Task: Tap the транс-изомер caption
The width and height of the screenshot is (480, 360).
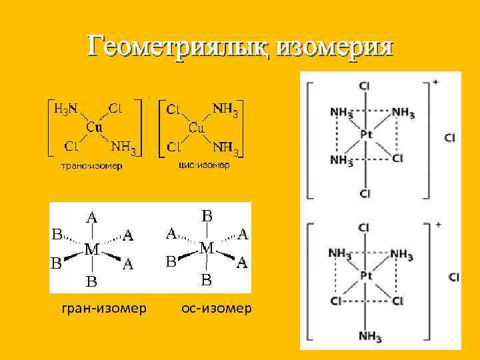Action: click(92, 165)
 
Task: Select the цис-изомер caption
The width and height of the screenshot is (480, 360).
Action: click(204, 165)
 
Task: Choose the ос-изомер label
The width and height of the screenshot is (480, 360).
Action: click(217, 308)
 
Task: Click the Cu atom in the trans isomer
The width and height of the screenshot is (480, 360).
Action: click(94, 127)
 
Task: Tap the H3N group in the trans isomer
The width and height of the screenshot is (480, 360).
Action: click(65, 107)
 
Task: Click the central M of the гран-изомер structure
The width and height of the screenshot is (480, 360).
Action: click(92, 250)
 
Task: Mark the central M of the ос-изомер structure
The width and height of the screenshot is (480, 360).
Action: click(207, 248)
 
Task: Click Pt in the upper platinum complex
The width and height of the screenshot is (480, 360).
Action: click(365, 135)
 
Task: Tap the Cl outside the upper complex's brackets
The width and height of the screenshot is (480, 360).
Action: click(450, 138)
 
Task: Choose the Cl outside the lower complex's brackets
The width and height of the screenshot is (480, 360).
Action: click(454, 277)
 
